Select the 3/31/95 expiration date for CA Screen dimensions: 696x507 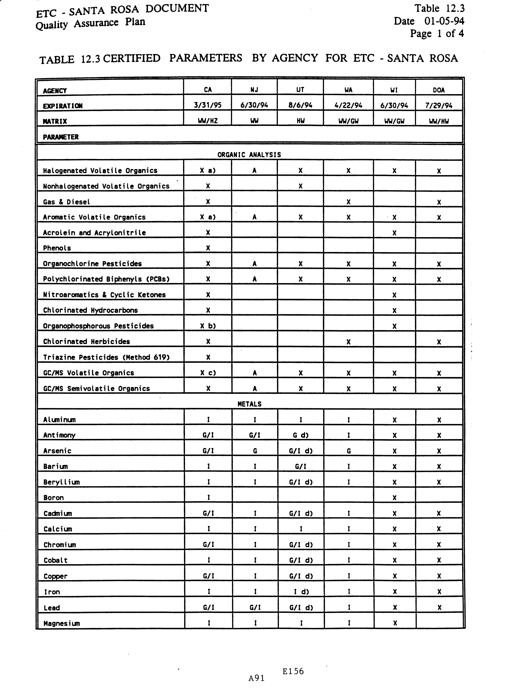coord(208,105)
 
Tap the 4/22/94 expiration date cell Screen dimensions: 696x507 coord(348,105)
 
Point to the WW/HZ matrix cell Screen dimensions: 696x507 coord(208,121)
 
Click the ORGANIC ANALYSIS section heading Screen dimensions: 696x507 coord(249,155)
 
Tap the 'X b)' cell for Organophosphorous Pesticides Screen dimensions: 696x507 coord(208,326)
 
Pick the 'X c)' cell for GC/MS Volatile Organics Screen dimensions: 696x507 coord(208,373)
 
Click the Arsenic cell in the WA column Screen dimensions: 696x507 coord(348,451)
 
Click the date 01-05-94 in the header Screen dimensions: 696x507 coord(444,21)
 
